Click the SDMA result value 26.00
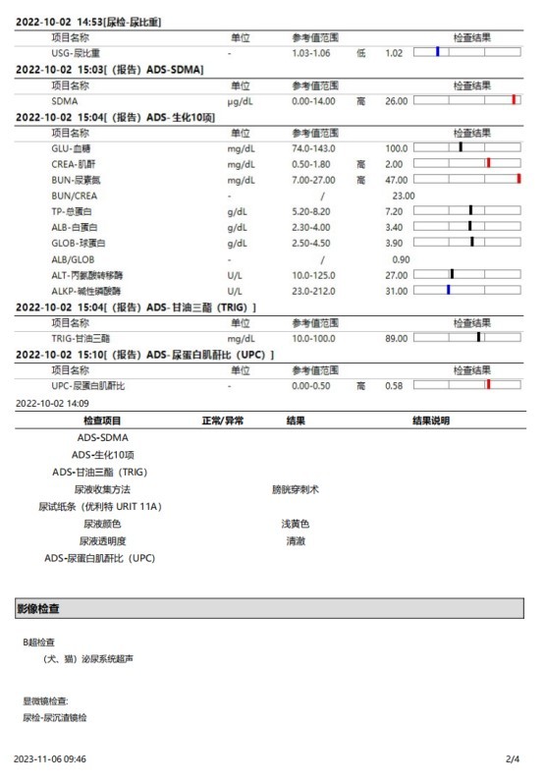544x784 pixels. click(x=396, y=100)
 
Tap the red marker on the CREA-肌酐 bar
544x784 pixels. click(x=488, y=163)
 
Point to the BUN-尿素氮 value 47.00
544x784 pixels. click(x=396, y=180)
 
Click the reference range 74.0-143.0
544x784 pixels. click(x=320, y=147)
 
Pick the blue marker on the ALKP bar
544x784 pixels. click(x=448, y=291)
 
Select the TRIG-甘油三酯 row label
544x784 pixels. click(x=80, y=338)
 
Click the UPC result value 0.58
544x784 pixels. click(x=394, y=386)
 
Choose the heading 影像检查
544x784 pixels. click(x=39, y=609)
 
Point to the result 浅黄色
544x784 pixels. click(x=296, y=524)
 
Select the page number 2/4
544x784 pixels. click(x=513, y=759)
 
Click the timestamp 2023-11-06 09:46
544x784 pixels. click(x=50, y=759)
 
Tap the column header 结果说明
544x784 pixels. click(x=431, y=420)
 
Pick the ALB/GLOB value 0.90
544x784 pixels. click(x=401, y=259)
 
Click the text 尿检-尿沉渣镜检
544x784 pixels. click(x=55, y=718)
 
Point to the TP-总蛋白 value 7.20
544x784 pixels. click(x=394, y=211)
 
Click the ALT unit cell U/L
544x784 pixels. click(x=234, y=275)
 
